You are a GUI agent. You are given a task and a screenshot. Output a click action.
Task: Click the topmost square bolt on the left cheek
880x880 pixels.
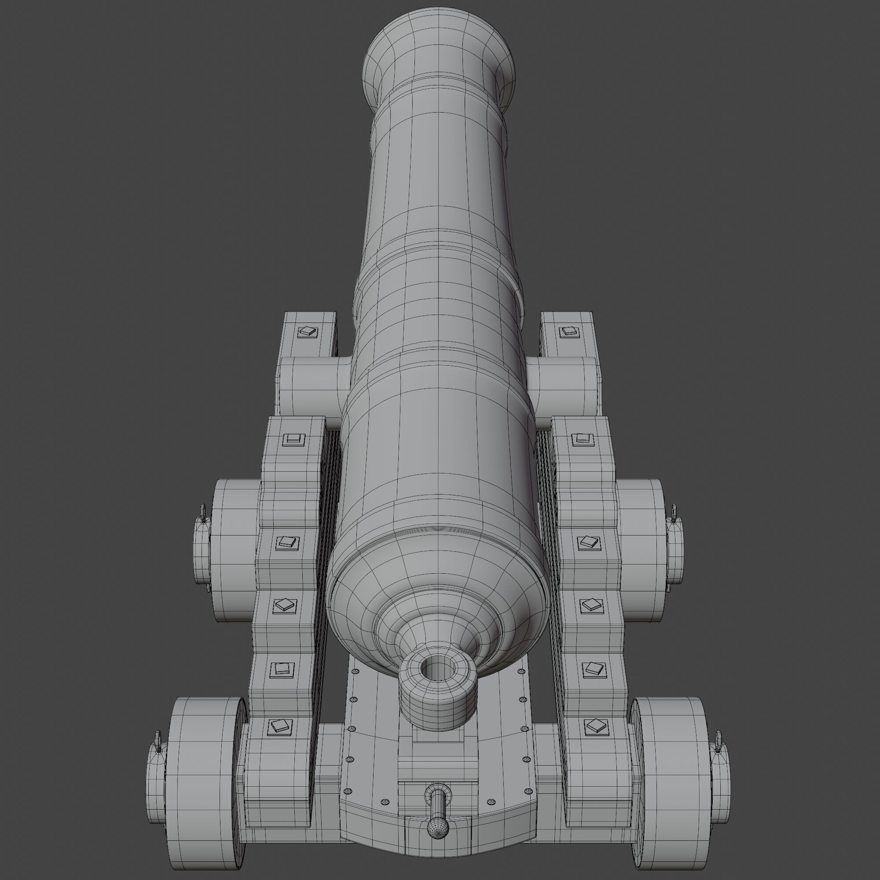(307, 332)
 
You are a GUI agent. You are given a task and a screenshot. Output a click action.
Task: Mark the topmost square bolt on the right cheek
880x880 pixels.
(569, 331)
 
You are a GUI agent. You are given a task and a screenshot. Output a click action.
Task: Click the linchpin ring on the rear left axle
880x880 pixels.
(158, 749)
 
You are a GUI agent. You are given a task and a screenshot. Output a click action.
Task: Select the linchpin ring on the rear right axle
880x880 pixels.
(719, 749)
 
